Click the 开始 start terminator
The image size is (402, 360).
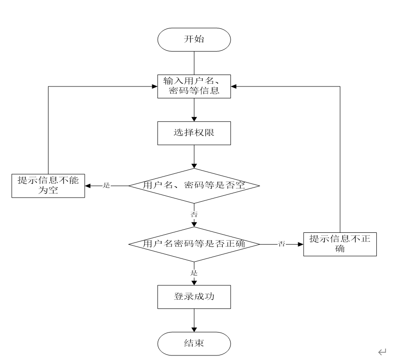point(194,40)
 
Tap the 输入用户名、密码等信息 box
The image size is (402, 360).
point(194,86)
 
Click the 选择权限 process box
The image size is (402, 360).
point(194,134)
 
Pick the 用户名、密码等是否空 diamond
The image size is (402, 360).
point(194,186)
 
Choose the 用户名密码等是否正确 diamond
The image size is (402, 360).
point(194,244)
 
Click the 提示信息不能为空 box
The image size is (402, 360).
point(48,186)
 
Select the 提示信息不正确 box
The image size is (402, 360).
point(340,244)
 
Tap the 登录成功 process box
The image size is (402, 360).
point(194,296)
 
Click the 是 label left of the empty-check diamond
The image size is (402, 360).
point(107,186)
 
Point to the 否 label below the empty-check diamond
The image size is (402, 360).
point(194,214)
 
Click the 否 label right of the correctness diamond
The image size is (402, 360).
point(282,244)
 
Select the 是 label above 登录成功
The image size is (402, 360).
point(194,273)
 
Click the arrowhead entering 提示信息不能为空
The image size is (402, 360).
point(88,186)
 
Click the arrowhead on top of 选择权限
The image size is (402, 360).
point(194,119)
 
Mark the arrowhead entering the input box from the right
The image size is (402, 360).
point(234,86)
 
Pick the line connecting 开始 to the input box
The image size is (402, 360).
point(194,62)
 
